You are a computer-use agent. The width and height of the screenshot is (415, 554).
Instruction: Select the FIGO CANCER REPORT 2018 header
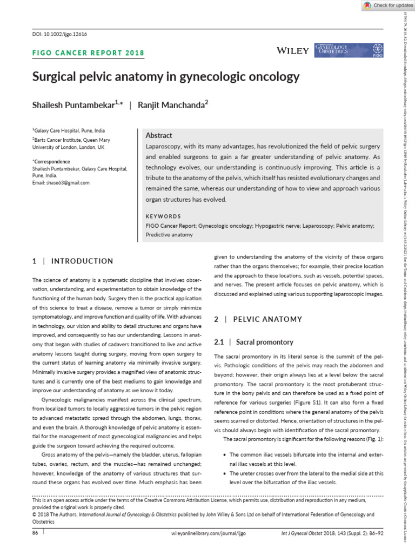(88, 53)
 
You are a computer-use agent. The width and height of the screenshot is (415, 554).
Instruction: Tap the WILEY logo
(292, 50)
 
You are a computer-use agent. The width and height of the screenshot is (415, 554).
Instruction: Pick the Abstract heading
(159, 135)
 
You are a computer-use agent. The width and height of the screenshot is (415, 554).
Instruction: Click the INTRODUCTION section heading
(82, 261)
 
